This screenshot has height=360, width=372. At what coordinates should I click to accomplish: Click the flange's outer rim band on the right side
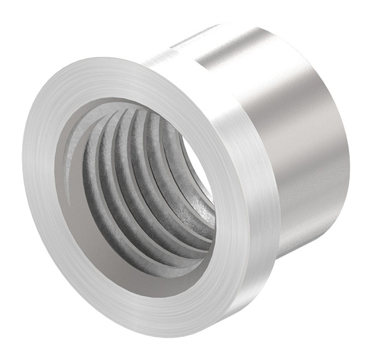tap(260, 205)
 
